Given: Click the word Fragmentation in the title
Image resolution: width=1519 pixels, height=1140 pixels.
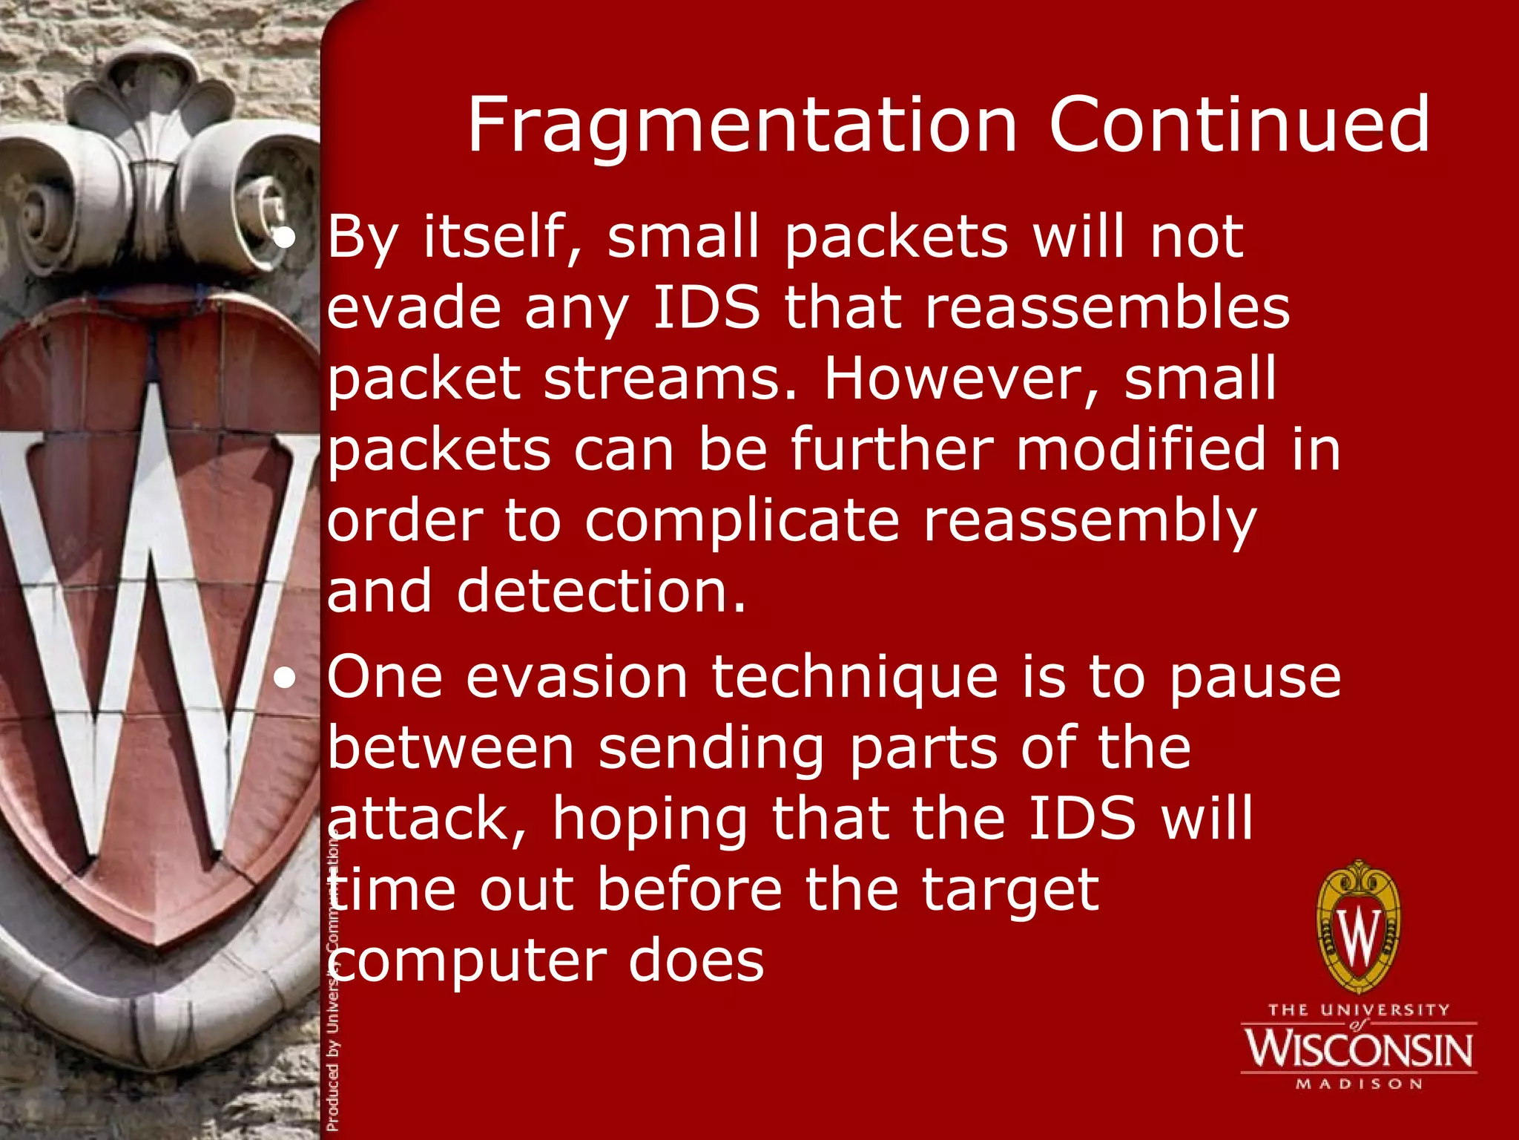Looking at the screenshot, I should coord(742,126).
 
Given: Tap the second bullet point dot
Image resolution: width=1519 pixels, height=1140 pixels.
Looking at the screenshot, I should coord(284,678).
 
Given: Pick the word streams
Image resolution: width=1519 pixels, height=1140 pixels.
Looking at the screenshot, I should coord(670,379).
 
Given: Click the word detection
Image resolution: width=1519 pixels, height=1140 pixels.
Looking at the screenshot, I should coord(601,592).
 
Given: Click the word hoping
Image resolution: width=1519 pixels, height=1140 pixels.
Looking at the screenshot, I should coord(650,819).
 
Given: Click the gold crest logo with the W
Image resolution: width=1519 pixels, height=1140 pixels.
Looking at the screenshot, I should coord(1359,928).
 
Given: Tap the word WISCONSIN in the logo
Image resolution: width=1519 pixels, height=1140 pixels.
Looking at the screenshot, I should coord(1359,1049).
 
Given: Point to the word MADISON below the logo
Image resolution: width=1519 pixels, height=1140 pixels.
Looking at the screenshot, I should coord(1359,1084).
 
